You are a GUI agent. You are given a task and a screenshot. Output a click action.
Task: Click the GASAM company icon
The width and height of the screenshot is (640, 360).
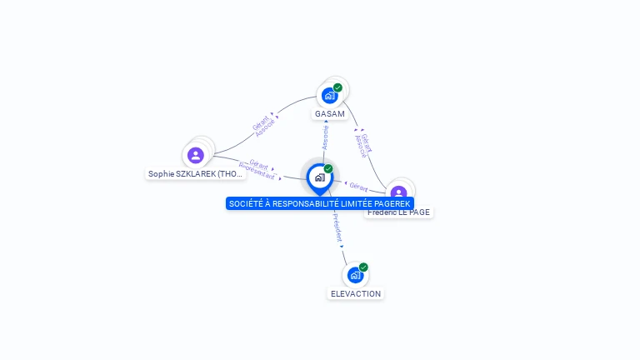click(330, 96)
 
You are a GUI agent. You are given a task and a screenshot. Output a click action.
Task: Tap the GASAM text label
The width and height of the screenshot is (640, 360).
click(330, 113)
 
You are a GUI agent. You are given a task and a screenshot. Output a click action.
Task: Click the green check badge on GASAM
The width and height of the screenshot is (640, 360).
click(337, 87)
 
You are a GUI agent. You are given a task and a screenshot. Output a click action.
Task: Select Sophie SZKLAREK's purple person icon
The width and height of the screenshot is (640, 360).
click(196, 155)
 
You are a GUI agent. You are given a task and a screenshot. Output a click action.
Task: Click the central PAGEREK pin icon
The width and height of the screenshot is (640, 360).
click(319, 177)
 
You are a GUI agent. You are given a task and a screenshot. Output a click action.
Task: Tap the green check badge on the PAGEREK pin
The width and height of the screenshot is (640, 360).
click(328, 168)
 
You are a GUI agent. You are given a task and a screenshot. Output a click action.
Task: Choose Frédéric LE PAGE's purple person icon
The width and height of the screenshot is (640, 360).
click(399, 192)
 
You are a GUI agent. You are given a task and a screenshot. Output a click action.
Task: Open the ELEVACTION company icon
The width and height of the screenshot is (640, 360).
click(356, 275)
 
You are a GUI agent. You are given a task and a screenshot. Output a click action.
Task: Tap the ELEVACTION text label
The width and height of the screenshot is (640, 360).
click(356, 293)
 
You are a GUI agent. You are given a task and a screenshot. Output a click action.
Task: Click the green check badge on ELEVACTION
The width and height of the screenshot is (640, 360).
click(363, 267)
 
